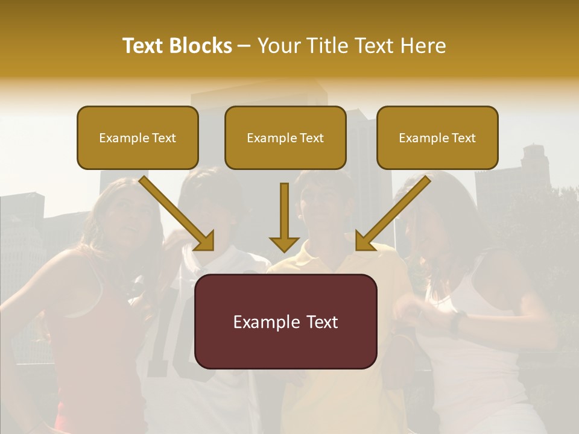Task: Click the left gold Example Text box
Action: point(138,137)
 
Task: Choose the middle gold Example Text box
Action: point(285,137)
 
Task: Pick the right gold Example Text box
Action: point(437,137)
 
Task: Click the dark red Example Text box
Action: point(285,321)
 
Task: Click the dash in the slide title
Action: point(244,46)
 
